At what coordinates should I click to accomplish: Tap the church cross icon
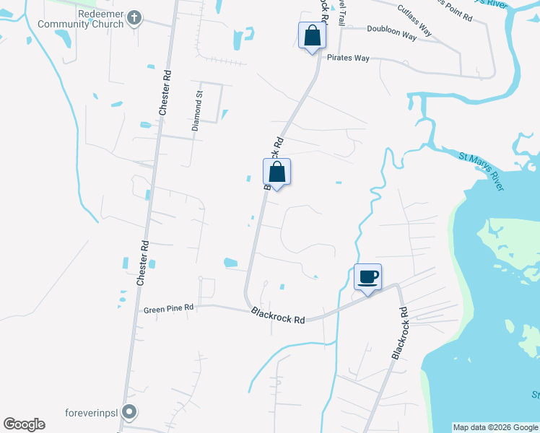[x=134, y=16]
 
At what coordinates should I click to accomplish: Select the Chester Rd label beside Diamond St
[x=165, y=92]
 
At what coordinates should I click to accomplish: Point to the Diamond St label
[x=196, y=110]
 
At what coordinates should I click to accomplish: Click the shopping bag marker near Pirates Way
[x=311, y=37]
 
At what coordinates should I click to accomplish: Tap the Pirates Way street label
[x=348, y=57]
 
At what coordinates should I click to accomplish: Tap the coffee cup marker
[x=367, y=278]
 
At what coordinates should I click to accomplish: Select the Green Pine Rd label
[x=169, y=309]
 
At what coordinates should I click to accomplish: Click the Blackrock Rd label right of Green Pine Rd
[x=278, y=315]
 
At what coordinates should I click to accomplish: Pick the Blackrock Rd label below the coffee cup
[x=399, y=333]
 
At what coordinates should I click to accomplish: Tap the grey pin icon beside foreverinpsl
[x=129, y=412]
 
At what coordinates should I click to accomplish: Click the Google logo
[x=24, y=424]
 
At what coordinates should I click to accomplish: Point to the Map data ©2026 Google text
[x=495, y=427]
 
